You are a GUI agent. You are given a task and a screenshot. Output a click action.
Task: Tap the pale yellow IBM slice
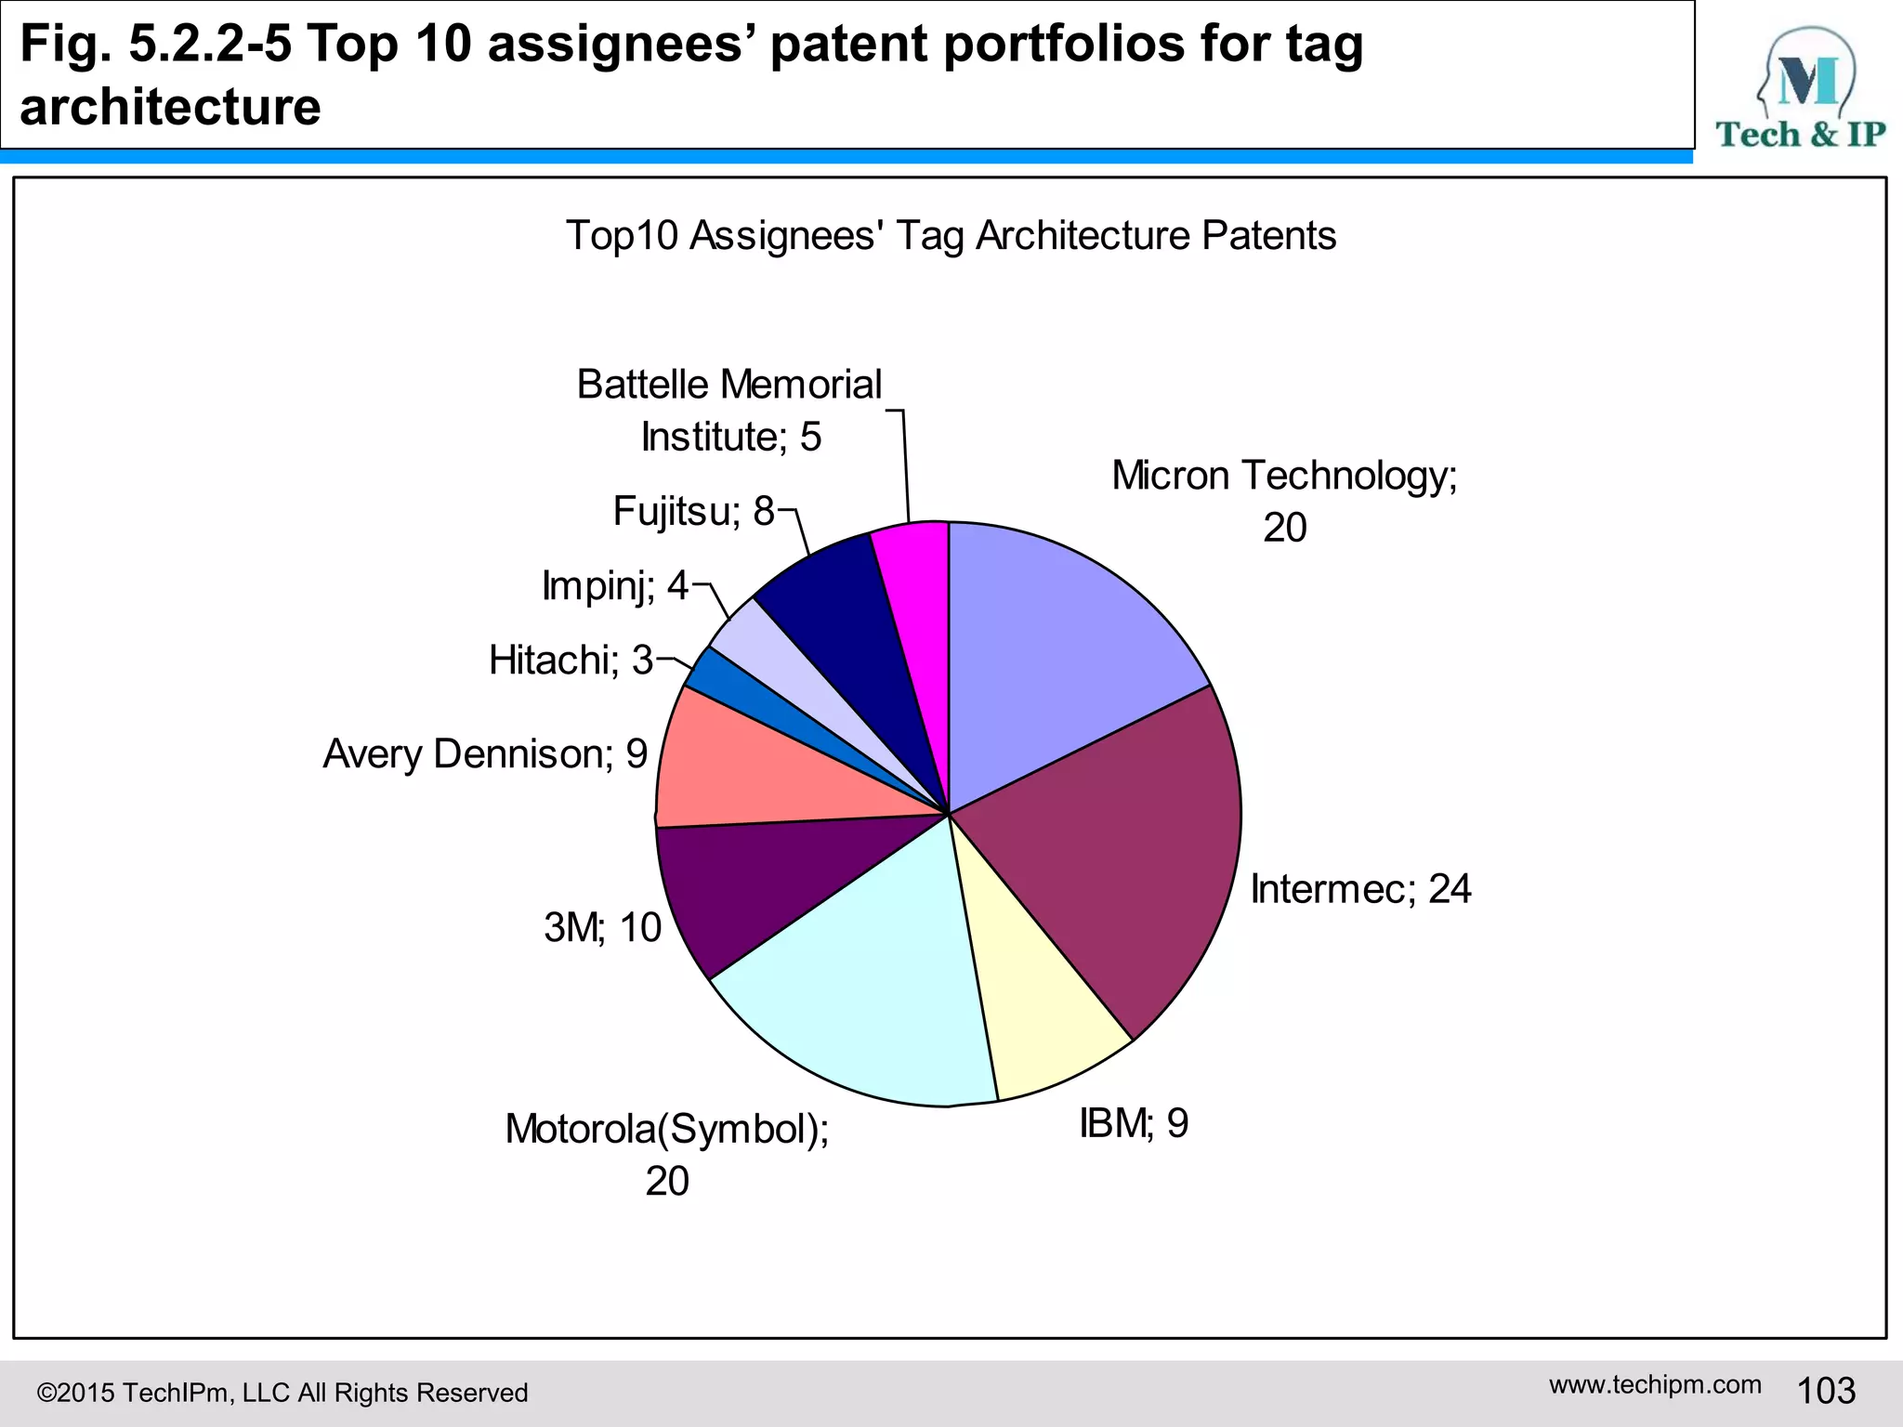pyautogui.click(x=1031, y=1003)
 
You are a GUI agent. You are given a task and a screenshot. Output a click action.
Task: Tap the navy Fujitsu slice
pyautogui.click(x=836, y=604)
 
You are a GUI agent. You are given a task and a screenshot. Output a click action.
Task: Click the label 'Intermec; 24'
pyautogui.click(x=1360, y=889)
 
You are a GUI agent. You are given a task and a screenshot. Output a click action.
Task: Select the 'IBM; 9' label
pyautogui.click(x=1134, y=1123)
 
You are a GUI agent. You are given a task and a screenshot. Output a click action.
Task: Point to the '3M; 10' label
pyautogui.click(x=602, y=927)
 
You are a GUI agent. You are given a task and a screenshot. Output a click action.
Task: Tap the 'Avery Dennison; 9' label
pyautogui.click(x=485, y=753)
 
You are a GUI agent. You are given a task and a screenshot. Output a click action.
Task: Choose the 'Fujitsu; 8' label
pyautogui.click(x=693, y=511)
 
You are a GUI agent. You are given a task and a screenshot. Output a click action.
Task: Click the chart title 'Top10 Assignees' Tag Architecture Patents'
pyautogui.click(x=951, y=235)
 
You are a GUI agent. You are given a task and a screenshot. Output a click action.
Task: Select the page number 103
pyautogui.click(x=1826, y=1391)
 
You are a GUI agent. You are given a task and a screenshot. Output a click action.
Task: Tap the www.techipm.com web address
pyautogui.click(x=1655, y=1384)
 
